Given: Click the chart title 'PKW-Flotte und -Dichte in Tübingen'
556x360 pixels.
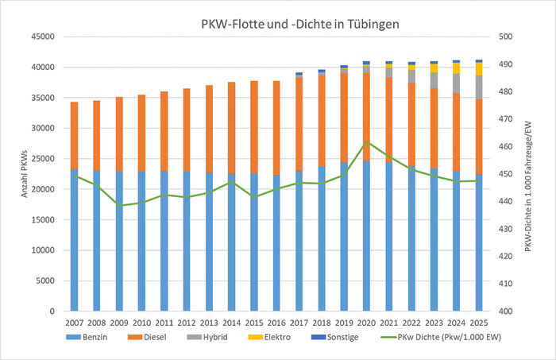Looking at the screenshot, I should point(299,24).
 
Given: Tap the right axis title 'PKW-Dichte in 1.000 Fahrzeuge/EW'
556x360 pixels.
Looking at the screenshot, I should point(529,173).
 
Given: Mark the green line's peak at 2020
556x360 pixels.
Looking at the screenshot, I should point(366,142).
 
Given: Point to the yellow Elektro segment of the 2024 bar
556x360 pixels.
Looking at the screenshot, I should point(457,68).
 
